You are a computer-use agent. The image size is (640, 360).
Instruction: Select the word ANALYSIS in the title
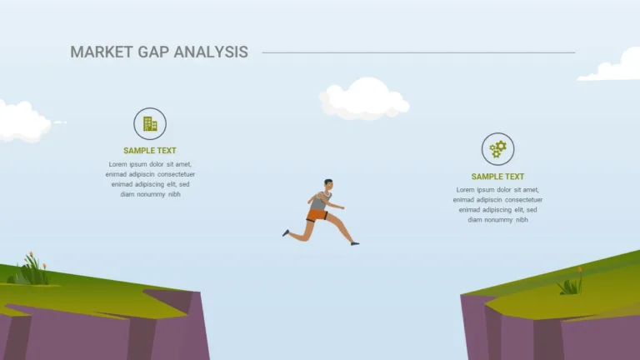(211, 52)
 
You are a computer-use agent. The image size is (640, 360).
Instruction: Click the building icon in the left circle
(150, 123)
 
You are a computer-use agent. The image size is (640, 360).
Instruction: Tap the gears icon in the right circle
(498, 149)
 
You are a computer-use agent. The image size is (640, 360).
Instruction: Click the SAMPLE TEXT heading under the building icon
(150, 151)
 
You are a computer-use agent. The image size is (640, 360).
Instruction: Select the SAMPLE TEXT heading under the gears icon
(497, 177)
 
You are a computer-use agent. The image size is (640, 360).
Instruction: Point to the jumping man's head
(328, 184)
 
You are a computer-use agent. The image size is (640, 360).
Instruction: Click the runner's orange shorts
(317, 216)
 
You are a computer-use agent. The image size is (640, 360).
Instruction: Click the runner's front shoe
(355, 243)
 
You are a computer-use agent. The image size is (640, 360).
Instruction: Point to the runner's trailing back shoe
(286, 233)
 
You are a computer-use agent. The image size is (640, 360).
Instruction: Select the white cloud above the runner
(364, 99)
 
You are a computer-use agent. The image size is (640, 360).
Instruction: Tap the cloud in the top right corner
(612, 66)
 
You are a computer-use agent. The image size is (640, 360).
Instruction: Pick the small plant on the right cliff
(571, 282)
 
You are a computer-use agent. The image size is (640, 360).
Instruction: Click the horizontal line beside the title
(418, 52)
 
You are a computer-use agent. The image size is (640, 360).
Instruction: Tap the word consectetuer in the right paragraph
(523, 200)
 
